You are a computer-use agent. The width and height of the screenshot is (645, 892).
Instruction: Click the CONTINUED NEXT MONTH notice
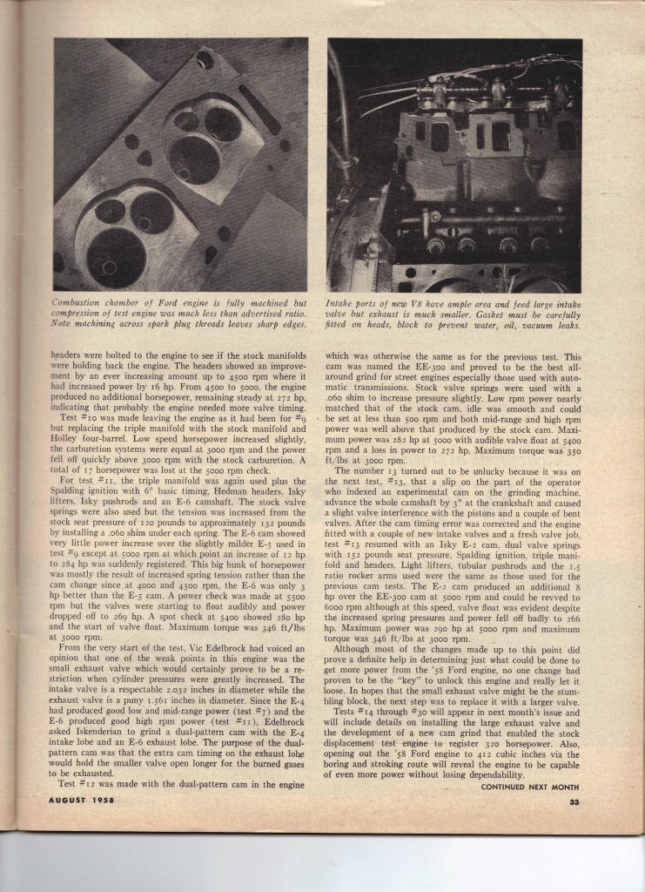pos(530,787)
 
